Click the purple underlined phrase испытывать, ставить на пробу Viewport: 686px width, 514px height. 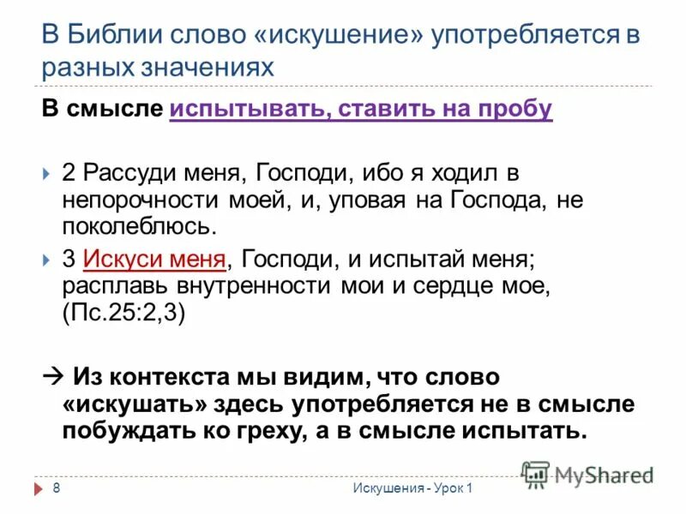click(361, 110)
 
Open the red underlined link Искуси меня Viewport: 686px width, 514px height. click(155, 259)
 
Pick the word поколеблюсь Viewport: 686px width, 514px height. click(135, 228)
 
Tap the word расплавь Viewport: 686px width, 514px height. click(108, 286)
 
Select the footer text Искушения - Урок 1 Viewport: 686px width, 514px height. click(412, 488)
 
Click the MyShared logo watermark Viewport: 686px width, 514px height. click(588, 470)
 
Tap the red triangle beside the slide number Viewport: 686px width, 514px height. click(38, 488)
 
